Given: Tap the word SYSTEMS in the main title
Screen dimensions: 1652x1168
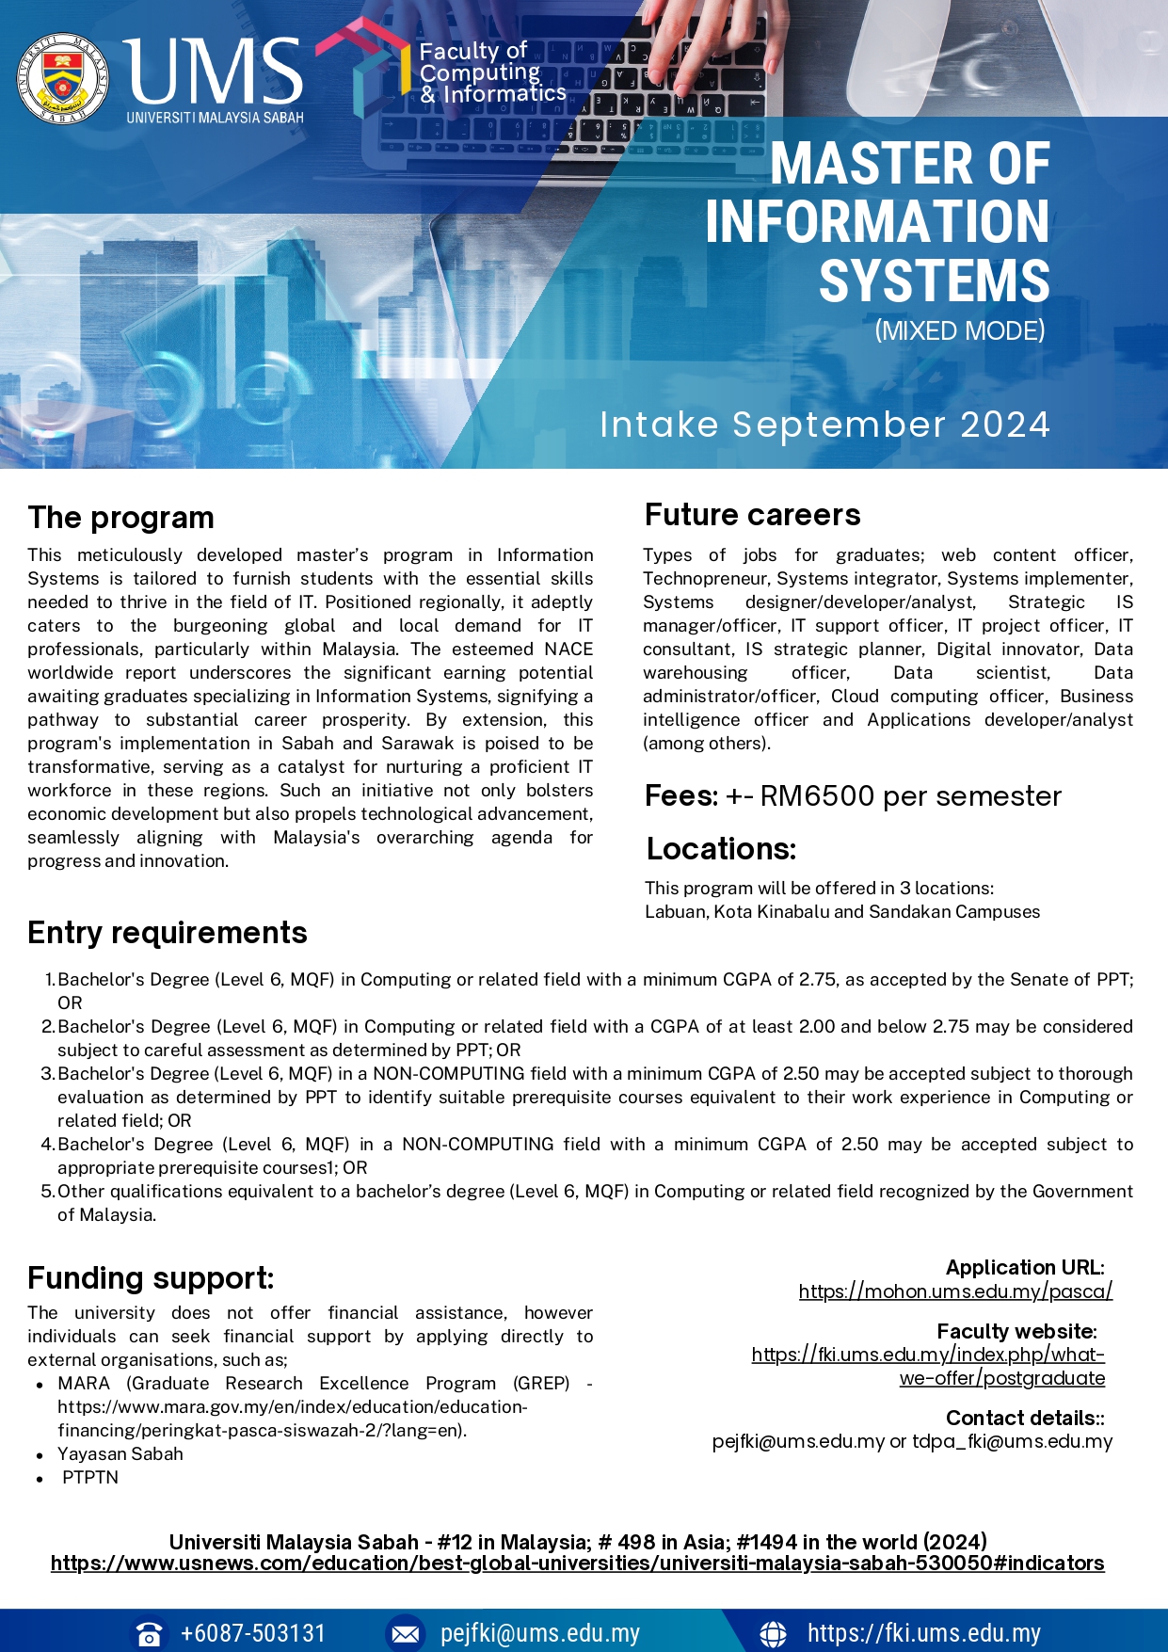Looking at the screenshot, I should (934, 281).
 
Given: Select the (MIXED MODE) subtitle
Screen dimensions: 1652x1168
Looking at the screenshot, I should (959, 331).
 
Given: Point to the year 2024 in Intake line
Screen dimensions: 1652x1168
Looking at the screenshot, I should (1004, 425).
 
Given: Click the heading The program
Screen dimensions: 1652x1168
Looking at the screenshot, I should (121, 518).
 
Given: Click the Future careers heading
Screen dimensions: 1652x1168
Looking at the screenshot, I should (752, 515).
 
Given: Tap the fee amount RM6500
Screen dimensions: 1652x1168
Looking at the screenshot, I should (817, 796).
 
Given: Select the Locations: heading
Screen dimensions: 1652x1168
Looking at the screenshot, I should (721, 849).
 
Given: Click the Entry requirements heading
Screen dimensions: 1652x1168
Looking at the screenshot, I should (168, 933).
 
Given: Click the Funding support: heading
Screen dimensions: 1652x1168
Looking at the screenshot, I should (151, 1278).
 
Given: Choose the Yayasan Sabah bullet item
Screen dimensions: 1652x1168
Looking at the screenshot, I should (120, 1454).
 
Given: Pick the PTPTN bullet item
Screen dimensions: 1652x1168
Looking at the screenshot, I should (90, 1478).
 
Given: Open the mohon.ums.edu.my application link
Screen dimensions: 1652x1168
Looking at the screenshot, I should (955, 1291).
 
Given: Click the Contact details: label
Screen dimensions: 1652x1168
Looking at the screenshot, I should (1025, 1419).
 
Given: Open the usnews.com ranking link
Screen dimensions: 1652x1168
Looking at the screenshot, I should (577, 1564).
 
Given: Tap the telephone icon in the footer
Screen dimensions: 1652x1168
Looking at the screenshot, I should (148, 1633).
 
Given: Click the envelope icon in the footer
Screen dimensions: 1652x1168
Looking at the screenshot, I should (406, 1633).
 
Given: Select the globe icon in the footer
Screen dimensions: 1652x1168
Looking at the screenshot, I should (773, 1633).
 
